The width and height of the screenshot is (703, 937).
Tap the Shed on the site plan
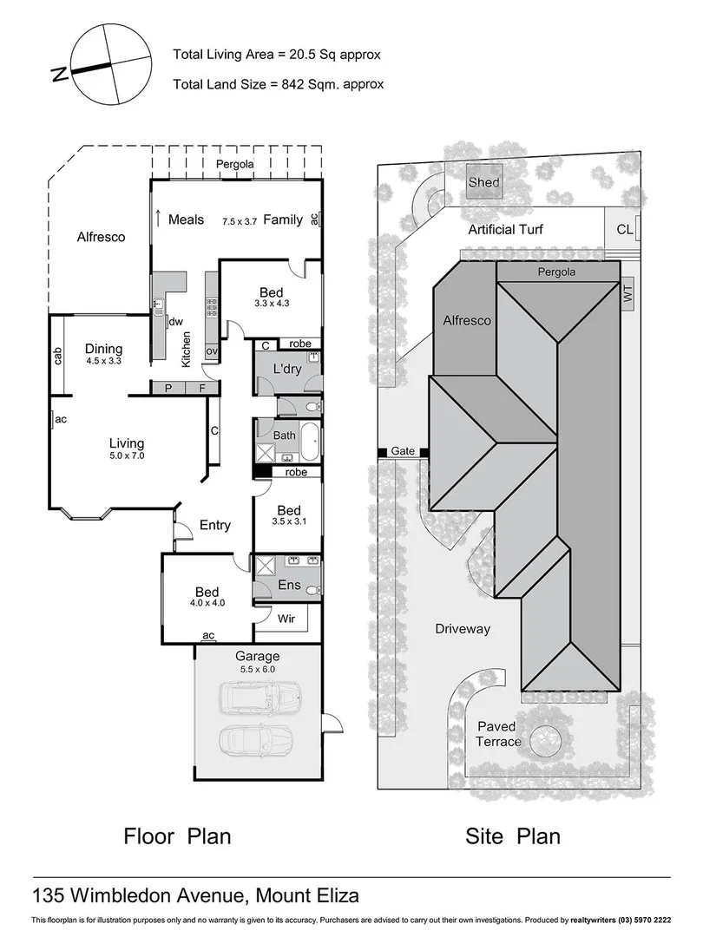coord(483,182)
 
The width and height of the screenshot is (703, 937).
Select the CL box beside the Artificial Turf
coord(625,230)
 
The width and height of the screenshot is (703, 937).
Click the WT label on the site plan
coord(627,295)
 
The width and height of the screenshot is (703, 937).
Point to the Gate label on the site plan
coord(403,451)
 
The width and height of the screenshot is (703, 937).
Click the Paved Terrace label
coord(497,734)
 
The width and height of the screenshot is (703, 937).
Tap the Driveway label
coord(463,629)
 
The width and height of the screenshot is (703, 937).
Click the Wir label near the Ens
coord(286,619)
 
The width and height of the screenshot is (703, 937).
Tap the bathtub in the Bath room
coord(309,442)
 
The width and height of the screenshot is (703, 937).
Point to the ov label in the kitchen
coord(211,351)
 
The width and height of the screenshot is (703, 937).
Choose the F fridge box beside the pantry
coord(201,388)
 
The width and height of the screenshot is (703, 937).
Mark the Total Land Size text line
coord(278,84)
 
